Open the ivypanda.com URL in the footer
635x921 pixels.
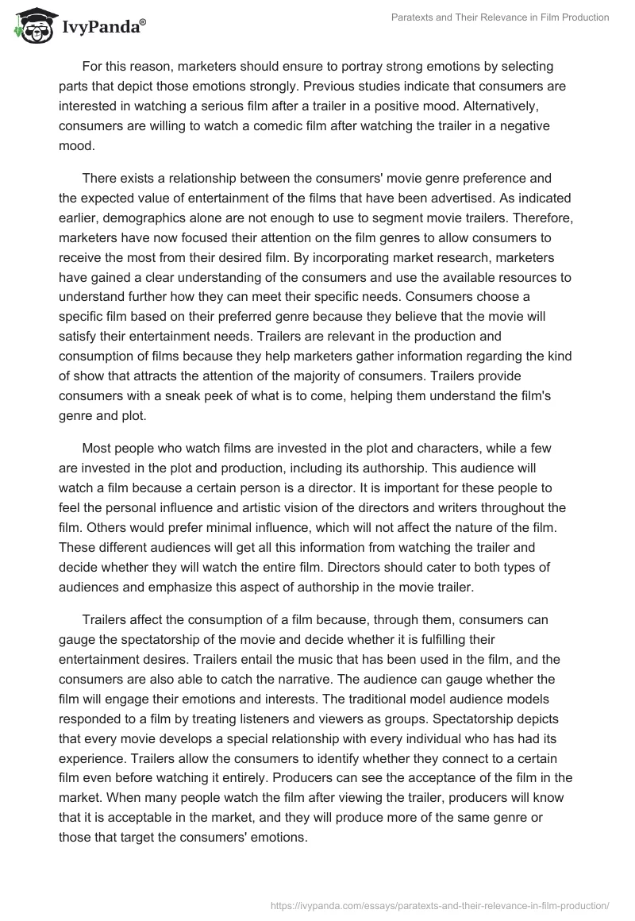click(441, 904)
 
